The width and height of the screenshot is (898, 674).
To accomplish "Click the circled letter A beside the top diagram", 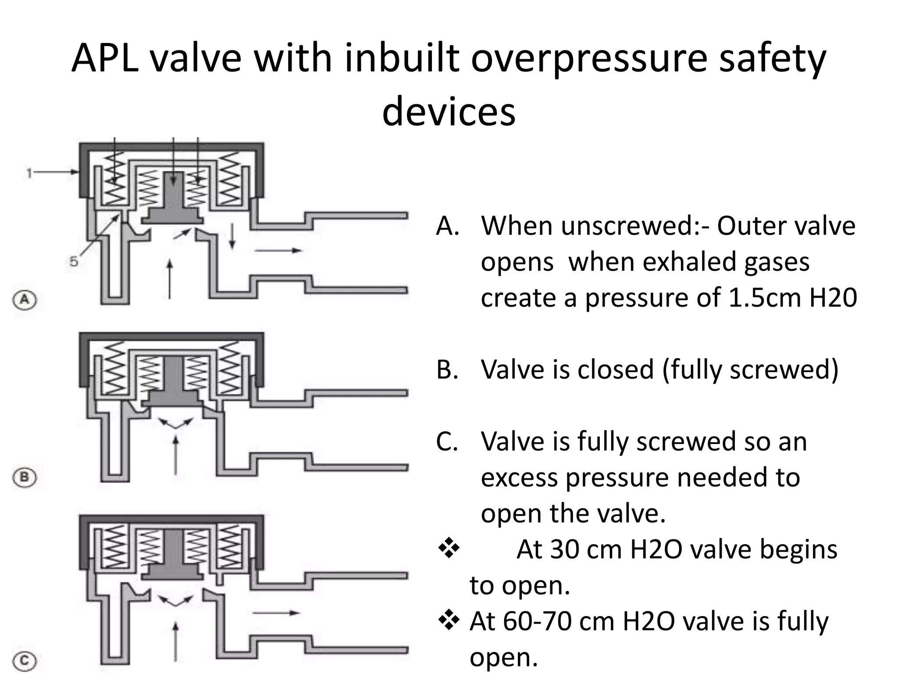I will [25, 300].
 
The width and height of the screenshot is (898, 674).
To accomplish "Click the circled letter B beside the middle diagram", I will [25, 477].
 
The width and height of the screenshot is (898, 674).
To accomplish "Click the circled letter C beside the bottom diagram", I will [25, 660].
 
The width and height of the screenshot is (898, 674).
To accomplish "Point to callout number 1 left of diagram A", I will [29, 173].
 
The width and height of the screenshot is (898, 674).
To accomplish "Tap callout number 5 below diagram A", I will [74, 262].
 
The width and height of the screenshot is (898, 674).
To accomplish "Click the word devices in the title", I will [449, 112].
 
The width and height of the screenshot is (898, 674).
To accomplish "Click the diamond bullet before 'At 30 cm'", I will [449, 549].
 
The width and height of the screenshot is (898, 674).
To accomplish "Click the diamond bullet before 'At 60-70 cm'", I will [449, 620].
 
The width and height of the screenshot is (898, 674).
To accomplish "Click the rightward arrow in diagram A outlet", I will [278, 251].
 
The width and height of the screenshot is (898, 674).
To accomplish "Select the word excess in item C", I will [520, 477].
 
